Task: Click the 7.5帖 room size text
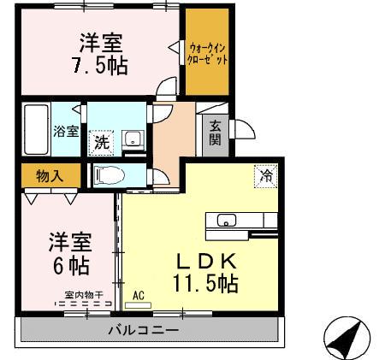(x=102, y=65)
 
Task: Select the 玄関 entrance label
(x=216, y=133)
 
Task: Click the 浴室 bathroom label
(x=66, y=131)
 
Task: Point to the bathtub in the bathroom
(x=37, y=128)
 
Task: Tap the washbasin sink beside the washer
(x=132, y=139)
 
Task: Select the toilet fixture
(x=110, y=174)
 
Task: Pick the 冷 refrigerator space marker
(x=266, y=176)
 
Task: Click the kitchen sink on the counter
(x=227, y=221)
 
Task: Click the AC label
(x=138, y=296)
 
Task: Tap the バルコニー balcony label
(x=143, y=329)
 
